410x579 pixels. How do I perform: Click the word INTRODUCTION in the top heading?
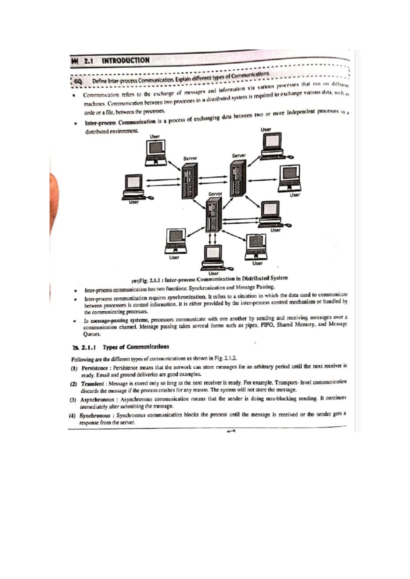[125, 61]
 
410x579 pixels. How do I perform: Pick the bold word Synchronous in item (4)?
[95, 415]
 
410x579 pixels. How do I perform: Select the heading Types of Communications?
[136, 347]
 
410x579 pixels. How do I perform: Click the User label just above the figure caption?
[214, 273]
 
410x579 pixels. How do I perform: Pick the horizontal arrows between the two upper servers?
[213, 180]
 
